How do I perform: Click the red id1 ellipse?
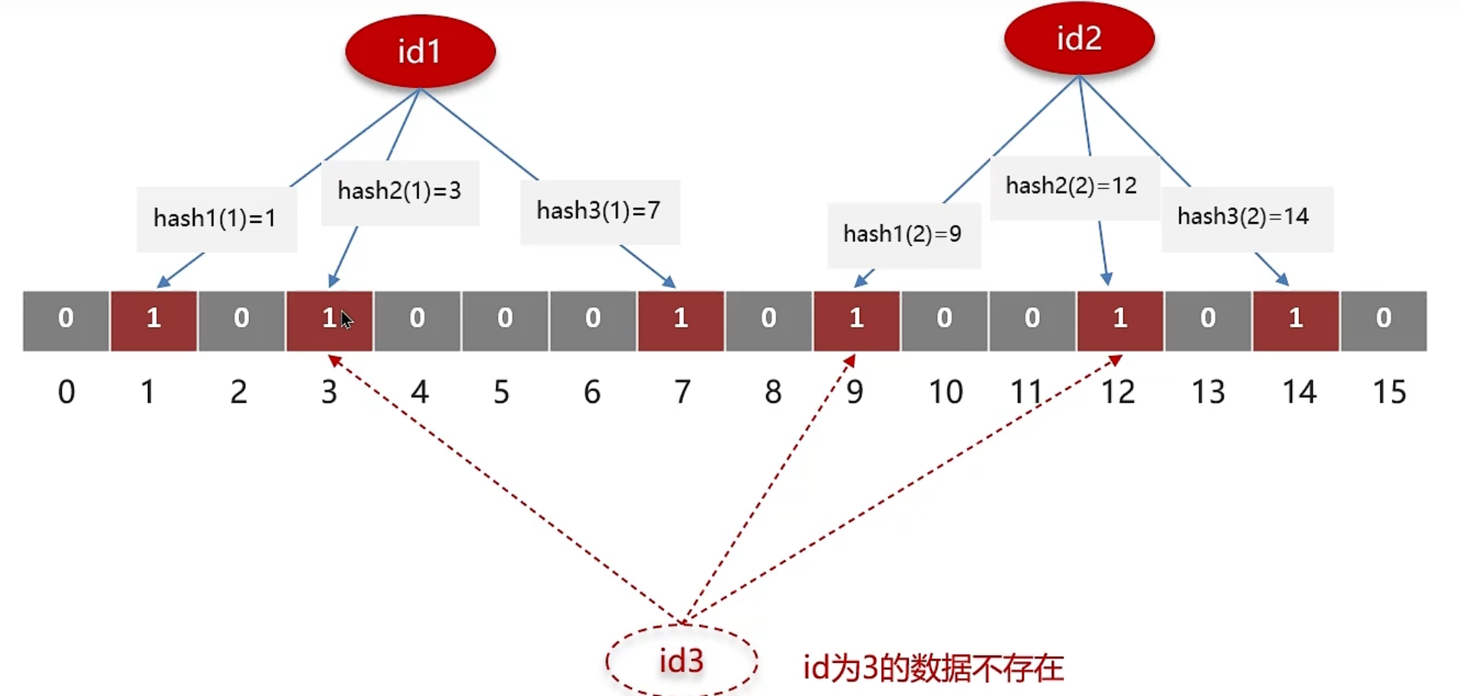[420, 51]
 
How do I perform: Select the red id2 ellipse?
[1079, 38]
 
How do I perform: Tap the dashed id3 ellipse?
[681, 661]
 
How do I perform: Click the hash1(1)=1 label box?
[216, 219]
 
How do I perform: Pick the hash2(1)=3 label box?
[399, 191]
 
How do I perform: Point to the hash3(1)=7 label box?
[599, 211]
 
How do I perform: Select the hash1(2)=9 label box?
[903, 234]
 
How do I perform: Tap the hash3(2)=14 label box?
[1246, 217]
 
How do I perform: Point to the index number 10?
[946, 392]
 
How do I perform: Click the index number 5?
[502, 392]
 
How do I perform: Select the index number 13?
[1208, 392]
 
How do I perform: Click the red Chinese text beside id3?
[933, 668]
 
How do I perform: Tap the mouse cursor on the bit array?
[346, 319]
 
